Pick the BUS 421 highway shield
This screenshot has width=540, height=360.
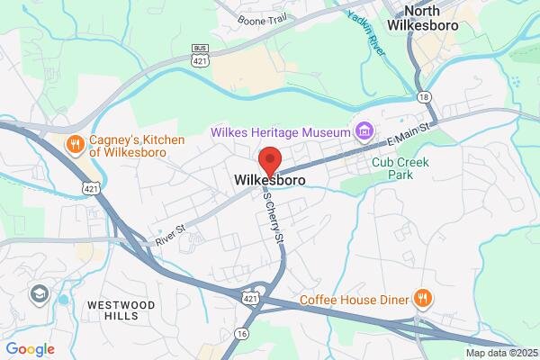tap(200, 54)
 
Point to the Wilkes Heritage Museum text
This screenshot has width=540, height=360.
tap(280, 132)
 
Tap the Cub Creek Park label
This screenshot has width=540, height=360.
tap(400, 169)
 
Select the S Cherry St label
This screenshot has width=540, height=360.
tap(271, 214)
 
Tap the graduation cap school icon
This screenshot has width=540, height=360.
tap(40, 294)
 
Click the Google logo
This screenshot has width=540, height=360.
tap(30, 349)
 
